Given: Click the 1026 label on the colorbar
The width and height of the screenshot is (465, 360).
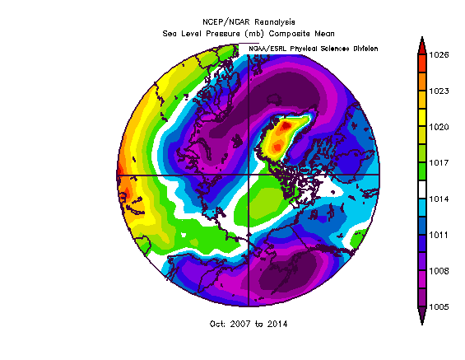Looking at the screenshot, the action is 439,55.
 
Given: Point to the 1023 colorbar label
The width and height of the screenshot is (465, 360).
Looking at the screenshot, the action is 439,91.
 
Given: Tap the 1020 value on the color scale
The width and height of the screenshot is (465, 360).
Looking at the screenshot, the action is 439,127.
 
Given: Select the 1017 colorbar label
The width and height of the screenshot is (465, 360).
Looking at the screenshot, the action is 439,163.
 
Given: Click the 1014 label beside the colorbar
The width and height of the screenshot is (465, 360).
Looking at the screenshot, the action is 439,199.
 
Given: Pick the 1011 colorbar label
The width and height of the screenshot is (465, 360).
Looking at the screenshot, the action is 439,235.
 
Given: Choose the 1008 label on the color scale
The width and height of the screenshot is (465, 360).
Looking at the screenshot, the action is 439,271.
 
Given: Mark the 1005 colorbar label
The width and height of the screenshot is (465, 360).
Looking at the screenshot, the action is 439,307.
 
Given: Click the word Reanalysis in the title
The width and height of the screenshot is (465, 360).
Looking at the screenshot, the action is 275,22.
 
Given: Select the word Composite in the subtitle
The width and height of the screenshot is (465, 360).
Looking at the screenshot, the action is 289,34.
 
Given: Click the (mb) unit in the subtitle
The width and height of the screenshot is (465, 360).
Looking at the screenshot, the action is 255,34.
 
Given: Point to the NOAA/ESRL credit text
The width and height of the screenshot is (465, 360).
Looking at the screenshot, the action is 267,49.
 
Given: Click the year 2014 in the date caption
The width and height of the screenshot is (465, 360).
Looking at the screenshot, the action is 277,324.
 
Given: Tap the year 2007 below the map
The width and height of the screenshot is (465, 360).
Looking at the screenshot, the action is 240,324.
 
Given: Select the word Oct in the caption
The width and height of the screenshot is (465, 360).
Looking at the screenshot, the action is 217,324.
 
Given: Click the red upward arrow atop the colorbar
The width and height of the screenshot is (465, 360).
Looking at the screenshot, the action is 422,46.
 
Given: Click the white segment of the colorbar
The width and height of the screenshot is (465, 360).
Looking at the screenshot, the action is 422,189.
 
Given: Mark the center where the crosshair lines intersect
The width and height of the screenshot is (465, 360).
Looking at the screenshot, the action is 249,175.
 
